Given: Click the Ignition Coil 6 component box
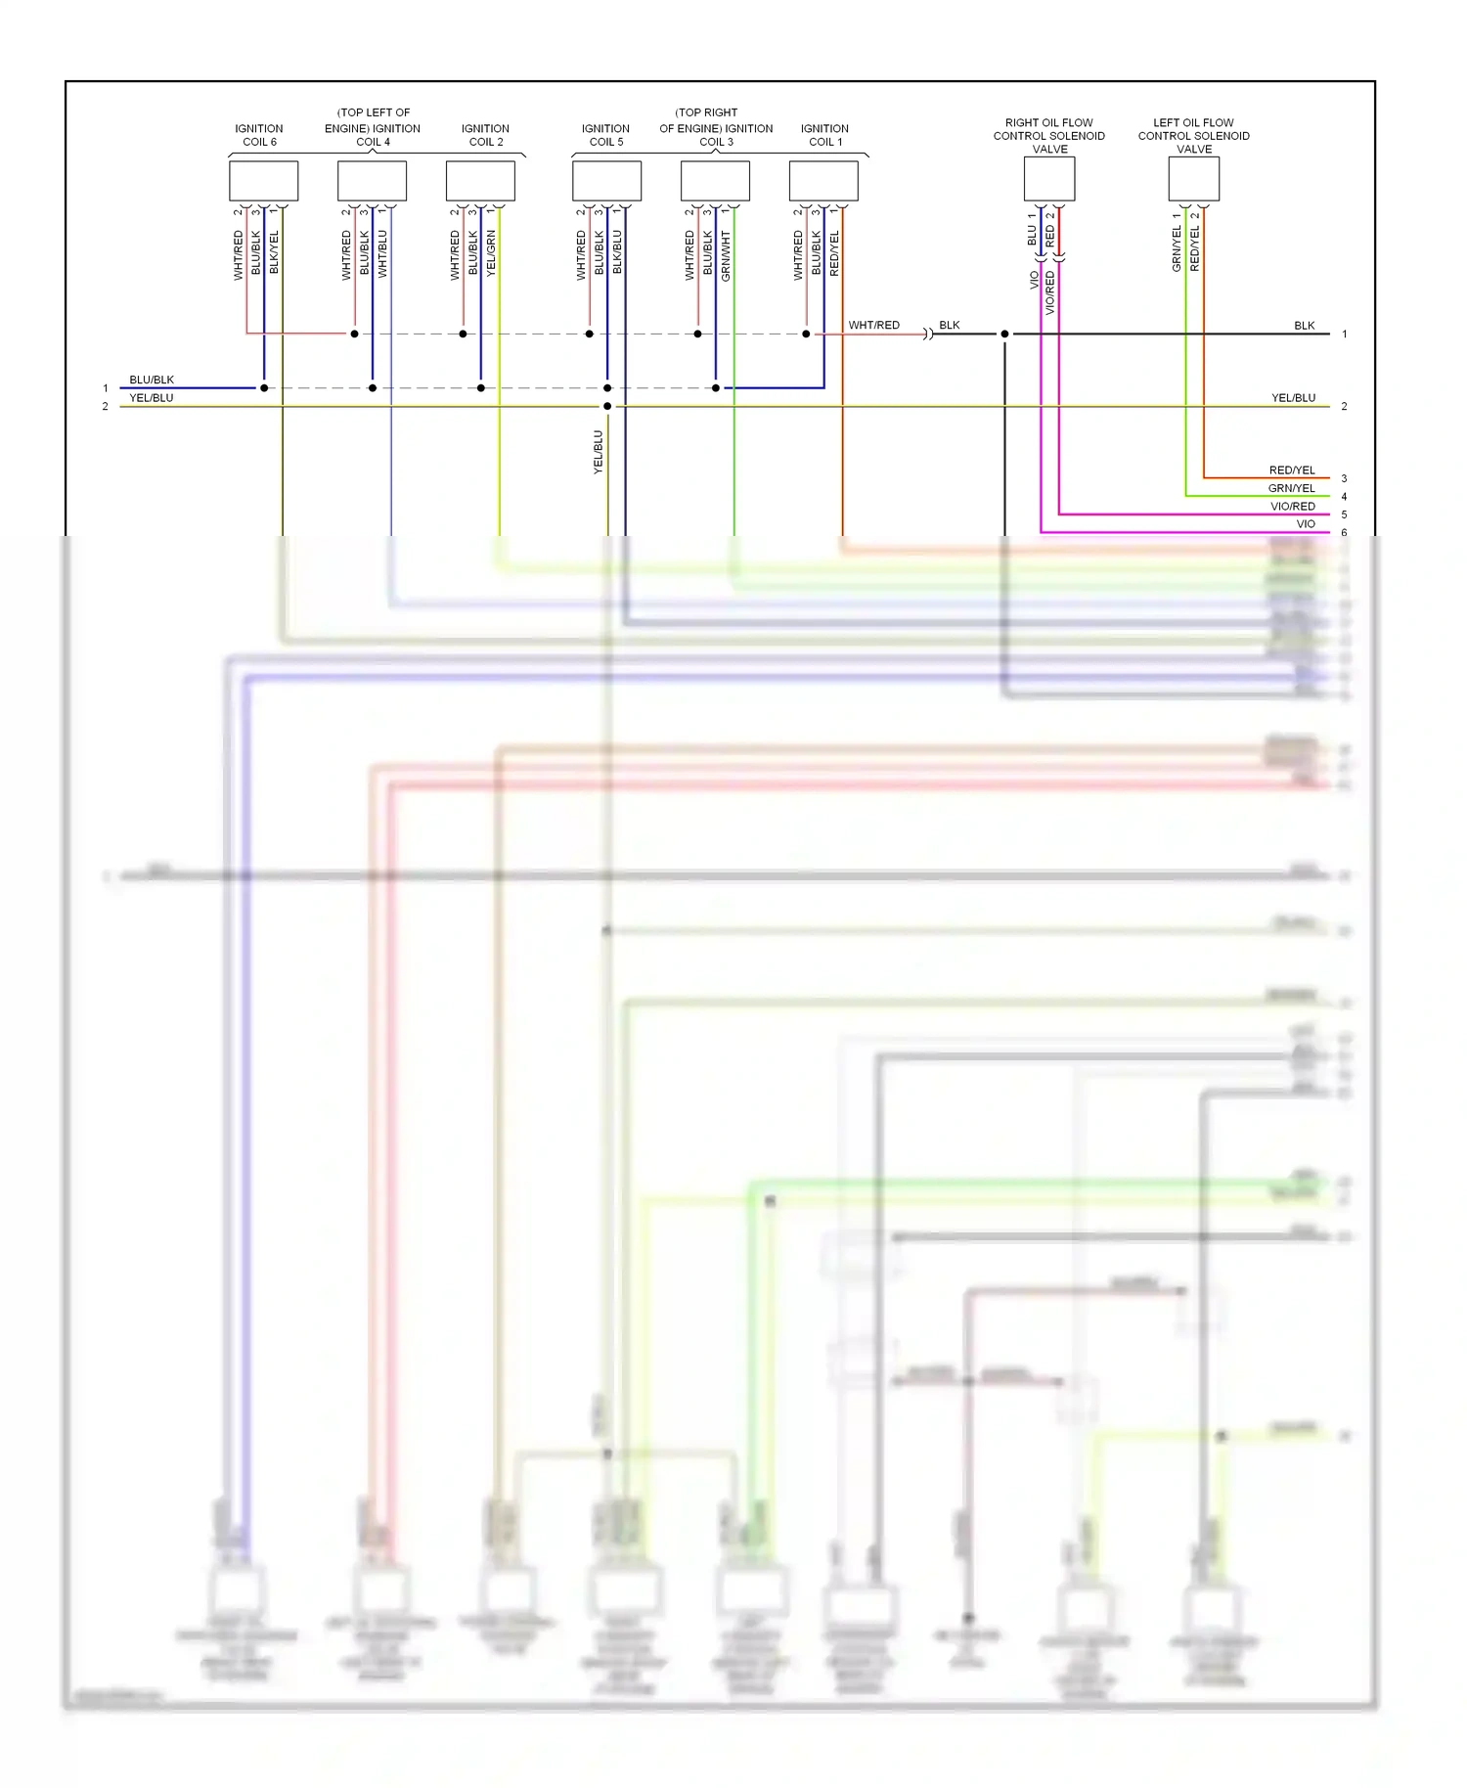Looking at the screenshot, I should point(263,181).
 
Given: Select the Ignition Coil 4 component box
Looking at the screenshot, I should point(372,181).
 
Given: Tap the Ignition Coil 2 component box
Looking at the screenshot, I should point(480,181).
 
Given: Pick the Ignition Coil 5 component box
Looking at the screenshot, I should point(606,181).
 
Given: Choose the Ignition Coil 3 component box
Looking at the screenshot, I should point(715,181).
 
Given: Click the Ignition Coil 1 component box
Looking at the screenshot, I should point(823,181).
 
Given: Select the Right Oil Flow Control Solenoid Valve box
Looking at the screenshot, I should point(1049,179).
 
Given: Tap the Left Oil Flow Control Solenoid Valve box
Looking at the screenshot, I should point(1193,179).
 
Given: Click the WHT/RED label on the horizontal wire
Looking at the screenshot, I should point(873,325).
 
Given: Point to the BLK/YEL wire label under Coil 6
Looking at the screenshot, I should point(274,252).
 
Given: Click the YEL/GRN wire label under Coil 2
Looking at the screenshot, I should point(491,252).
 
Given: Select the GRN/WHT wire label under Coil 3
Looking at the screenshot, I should point(726,256).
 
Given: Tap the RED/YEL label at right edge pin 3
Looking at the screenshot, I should point(1291,470).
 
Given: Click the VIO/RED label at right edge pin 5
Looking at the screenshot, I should point(1292,507).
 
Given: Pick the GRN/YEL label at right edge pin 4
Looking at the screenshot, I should point(1291,488).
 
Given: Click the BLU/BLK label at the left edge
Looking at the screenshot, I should point(152,380).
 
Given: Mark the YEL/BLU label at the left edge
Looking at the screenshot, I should point(152,398).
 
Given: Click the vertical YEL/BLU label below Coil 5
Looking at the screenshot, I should point(598,452).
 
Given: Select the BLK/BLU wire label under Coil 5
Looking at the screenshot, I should point(617,252).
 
